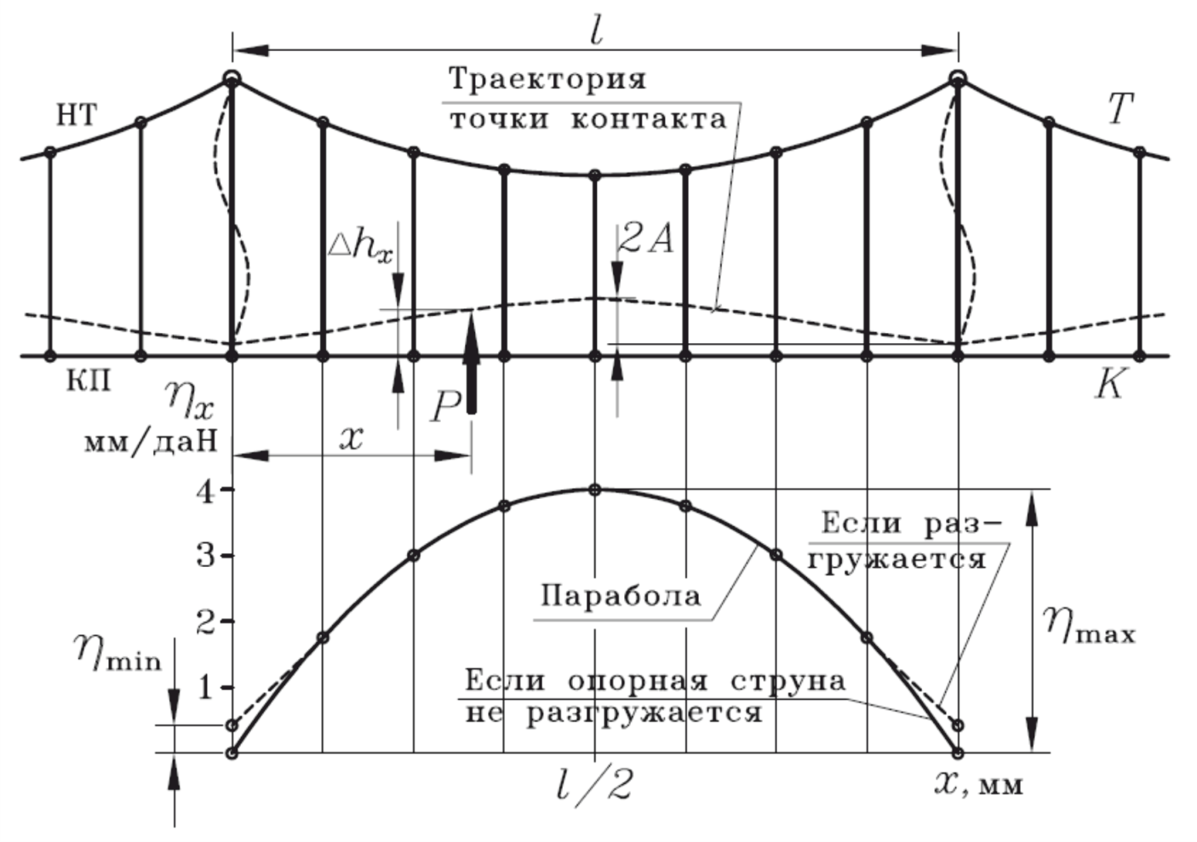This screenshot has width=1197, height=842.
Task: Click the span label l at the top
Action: [x=596, y=31]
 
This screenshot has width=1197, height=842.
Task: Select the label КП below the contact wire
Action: [x=89, y=381]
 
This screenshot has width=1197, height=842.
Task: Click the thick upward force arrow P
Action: [x=471, y=362]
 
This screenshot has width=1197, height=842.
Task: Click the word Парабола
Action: [x=621, y=595]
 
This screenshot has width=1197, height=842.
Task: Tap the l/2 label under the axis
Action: [x=595, y=786]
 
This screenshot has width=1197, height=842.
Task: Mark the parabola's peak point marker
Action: [x=595, y=490]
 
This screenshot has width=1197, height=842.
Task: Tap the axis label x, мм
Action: [x=979, y=783]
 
